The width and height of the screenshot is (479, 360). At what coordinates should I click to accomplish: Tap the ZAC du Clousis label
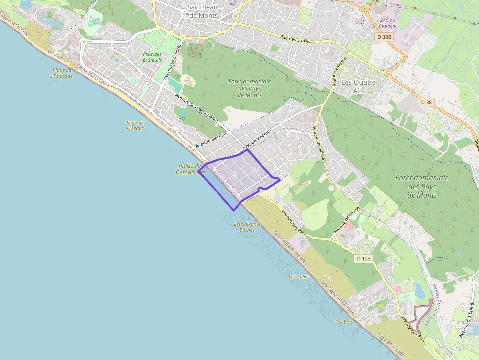(387, 22)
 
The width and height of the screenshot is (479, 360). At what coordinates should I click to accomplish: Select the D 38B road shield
(385, 37)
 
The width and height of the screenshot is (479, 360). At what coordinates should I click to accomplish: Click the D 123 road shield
(363, 258)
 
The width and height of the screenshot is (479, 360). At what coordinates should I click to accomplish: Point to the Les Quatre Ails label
(358, 86)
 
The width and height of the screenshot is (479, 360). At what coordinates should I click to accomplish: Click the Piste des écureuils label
(152, 57)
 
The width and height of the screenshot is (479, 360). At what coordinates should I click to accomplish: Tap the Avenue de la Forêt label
(173, 62)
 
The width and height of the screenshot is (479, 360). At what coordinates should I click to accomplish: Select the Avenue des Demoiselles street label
(196, 112)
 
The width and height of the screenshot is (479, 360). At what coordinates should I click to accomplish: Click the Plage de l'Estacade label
(62, 73)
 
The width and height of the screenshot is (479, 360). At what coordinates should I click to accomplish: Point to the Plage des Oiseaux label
(135, 126)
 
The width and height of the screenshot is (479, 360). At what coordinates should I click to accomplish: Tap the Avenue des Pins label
(212, 140)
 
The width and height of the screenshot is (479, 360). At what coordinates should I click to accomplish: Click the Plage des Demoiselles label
(191, 169)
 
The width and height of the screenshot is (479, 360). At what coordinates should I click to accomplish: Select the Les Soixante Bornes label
(247, 227)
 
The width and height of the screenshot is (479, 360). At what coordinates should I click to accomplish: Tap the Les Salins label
(299, 277)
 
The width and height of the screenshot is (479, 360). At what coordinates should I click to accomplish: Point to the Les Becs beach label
(344, 322)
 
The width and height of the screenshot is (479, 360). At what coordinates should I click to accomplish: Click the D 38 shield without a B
(426, 102)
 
